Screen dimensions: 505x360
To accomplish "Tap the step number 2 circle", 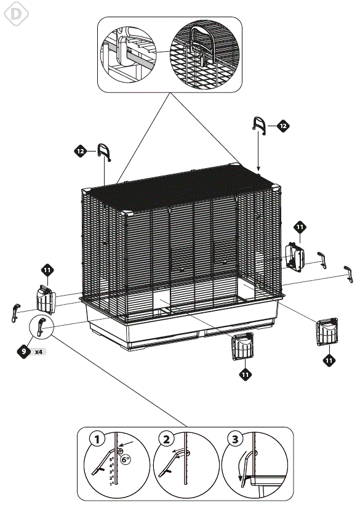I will pyautogui.click(x=166, y=439).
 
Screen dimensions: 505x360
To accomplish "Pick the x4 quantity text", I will pyautogui.click(x=38, y=352).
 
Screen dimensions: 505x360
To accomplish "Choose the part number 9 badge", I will pyautogui.click(x=23, y=352).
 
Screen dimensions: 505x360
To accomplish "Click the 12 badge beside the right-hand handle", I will pyautogui.click(x=282, y=126).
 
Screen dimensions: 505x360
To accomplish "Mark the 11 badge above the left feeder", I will pyautogui.click(x=47, y=270).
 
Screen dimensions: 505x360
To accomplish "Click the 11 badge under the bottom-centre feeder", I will pyautogui.click(x=245, y=373).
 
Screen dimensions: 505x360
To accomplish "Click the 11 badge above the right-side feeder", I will pyautogui.click(x=300, y=228).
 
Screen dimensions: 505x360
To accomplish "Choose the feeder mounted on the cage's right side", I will pyautogui.click(x=294, y=254).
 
